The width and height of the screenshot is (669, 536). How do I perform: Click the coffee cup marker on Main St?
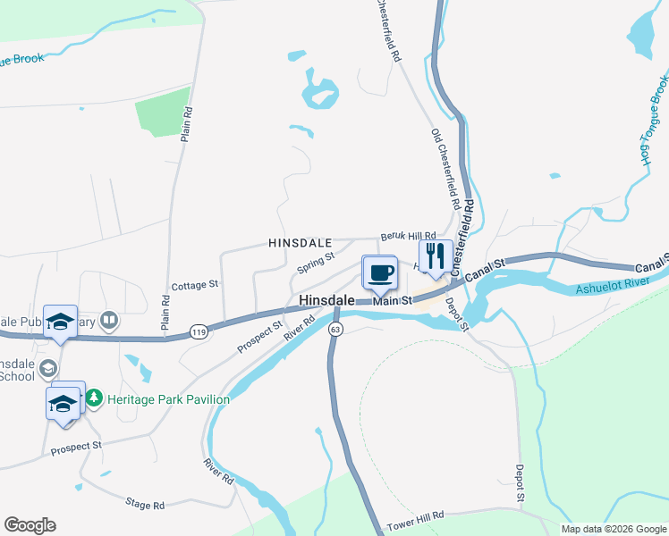(x=380, y=272)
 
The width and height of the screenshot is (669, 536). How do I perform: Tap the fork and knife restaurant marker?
(x=433, y=255)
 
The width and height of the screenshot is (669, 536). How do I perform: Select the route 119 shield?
(x=199, y=332)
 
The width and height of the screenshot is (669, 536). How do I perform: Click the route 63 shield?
(x=335, y=330)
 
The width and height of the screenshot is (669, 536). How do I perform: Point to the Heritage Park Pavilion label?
(x=168, y=399)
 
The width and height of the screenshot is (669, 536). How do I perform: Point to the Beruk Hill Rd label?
(x=407, y=235)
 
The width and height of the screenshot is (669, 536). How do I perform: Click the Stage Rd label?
(x=145, y=505)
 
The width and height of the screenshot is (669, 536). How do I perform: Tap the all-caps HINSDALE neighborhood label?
(x=301, y=243)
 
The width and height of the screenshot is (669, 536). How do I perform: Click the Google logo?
(x=30, y=525)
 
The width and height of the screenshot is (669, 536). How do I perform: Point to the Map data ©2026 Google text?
(x=613, y=529)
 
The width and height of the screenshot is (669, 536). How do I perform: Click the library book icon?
(x=109, y=319)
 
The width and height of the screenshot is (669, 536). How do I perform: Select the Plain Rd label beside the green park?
(x=187, y=125)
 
